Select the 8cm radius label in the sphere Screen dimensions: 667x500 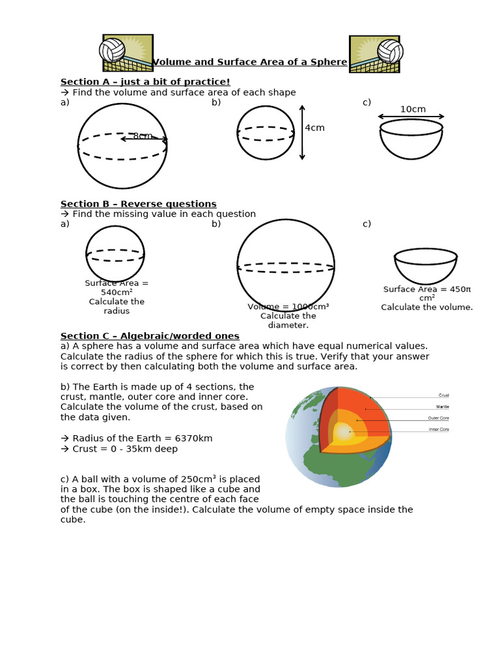[143, 136]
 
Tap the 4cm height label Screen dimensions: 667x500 [314, 128]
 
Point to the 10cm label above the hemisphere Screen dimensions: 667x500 [413, 109]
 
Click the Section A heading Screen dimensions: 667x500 [145, 81]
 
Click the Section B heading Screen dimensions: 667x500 [139, 204]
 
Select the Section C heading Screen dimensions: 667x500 [150, 336]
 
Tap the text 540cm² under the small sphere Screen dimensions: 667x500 [117, 292]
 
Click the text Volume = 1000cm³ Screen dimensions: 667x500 [288, 307]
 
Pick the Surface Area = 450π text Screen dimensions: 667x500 [427, 289]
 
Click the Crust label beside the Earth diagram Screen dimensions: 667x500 [443, 395]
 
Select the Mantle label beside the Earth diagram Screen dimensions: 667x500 [443, 407]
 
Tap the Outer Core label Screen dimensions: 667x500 [438, 418]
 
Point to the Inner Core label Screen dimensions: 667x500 [438, 429]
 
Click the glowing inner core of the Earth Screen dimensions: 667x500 [343, 432]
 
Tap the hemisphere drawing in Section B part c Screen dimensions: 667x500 [426, 264]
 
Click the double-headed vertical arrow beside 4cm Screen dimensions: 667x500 [302, 132]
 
